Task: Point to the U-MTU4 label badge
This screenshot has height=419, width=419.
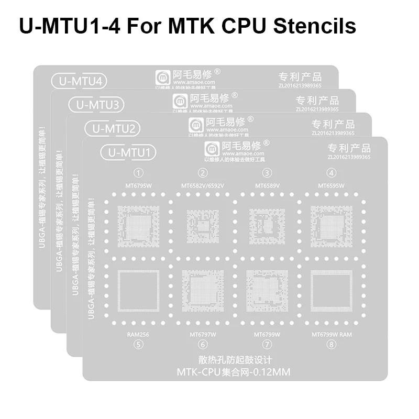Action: (79, 81)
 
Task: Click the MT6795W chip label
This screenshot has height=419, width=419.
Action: (139, 185)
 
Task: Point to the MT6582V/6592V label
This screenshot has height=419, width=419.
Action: (203, 185)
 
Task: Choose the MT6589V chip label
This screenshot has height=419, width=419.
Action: (267, 185)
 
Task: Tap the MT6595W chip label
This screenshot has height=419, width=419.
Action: (331, 185)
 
